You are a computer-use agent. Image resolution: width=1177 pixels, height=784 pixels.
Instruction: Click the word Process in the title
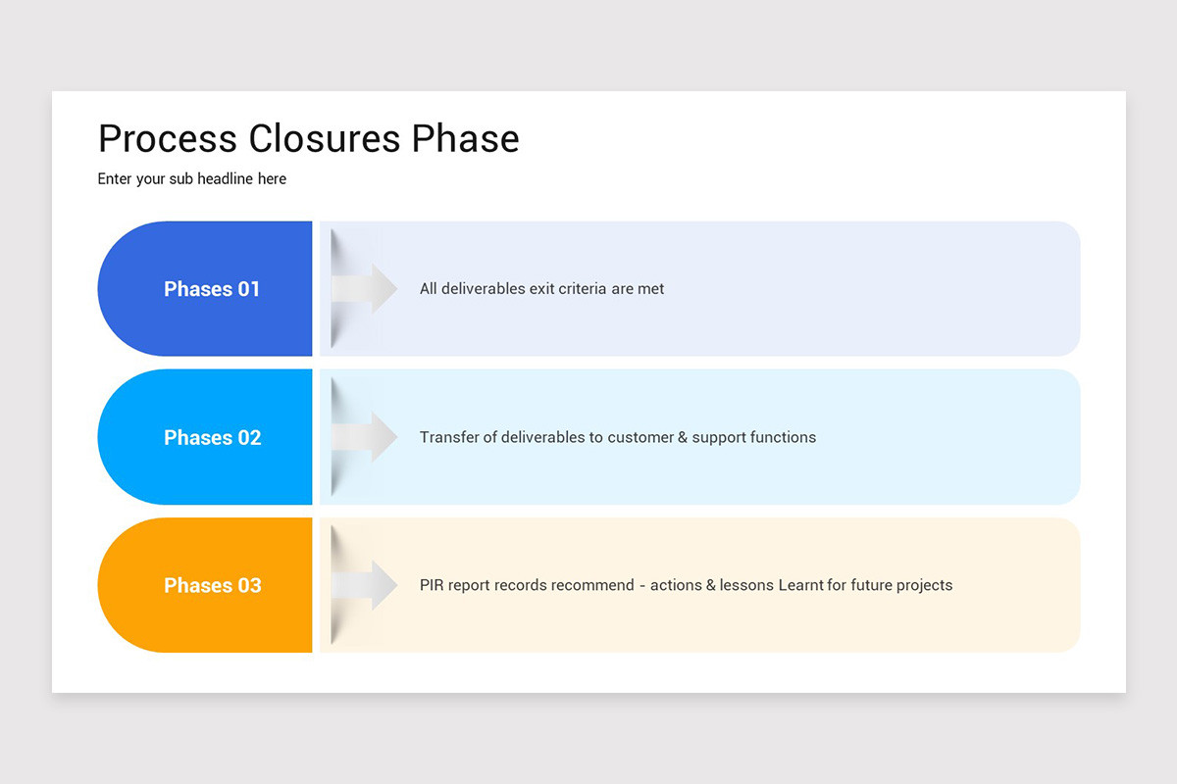point(168,139)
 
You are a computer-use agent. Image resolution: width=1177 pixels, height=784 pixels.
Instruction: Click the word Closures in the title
point(325,139)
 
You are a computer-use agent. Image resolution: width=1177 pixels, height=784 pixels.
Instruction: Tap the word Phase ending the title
point(465,139)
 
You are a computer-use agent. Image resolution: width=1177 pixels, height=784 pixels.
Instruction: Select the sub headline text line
point(192,179)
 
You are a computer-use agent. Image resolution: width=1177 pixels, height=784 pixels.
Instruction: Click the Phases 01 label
point(212,289)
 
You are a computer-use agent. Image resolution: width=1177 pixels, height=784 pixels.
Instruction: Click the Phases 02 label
point(212,437)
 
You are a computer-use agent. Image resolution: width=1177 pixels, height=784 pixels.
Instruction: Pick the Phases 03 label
point(212,585)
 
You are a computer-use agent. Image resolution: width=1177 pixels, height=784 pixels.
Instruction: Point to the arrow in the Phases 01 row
point(365,289)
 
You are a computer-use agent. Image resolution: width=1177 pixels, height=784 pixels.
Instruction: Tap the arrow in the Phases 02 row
point(365,437)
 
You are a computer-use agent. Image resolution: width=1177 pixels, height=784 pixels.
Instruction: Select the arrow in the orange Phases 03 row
point(365,585)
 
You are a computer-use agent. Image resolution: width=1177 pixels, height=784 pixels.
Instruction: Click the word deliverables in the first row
point(486,289)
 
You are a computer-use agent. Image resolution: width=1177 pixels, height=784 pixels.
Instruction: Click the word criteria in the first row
point(578,289)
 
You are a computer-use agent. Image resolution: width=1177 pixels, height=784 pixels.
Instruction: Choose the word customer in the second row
point(640,437)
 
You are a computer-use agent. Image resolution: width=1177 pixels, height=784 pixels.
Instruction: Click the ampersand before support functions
point(683,437)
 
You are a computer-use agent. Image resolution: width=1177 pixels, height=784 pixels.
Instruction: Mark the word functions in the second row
point(783,437)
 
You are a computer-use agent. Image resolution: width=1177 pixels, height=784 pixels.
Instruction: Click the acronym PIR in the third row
point(431,585)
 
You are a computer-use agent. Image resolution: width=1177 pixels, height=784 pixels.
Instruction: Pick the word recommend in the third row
point(592,585)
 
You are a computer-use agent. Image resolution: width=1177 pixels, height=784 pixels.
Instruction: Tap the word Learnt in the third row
point(801,585)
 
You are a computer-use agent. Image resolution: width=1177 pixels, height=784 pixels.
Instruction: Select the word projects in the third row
point(921,585)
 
